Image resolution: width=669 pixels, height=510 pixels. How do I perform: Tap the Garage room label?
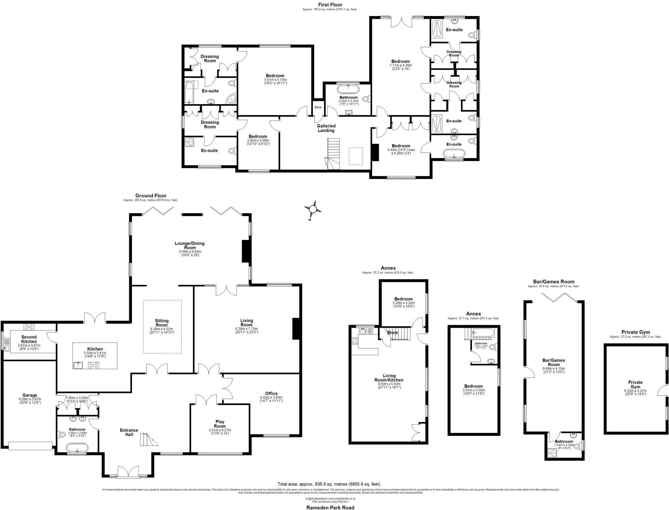(x=30, y=395)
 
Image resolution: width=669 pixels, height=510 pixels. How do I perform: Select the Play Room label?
(x=220, y=424)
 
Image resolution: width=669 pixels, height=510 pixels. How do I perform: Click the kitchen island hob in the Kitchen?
(x=94, y=366)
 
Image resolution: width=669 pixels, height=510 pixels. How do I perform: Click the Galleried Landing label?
(x=326, y=128)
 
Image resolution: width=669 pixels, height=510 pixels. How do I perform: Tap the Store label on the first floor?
(x=318, y=107)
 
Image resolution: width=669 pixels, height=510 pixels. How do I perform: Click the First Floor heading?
(x=330, y=5)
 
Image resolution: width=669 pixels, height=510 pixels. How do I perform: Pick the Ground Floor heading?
(x=151, y=196)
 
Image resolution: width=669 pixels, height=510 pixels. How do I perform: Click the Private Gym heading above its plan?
(x=635, y=332)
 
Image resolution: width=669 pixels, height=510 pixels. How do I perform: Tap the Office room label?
(x=271, y=393)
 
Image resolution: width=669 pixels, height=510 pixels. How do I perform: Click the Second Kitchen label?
(x=29, y=339)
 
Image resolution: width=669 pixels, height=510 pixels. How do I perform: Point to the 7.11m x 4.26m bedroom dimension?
(x=400, y=65)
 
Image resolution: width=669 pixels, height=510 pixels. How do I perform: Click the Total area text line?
(x=329, y=484)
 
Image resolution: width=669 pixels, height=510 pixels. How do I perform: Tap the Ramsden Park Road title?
(x=330, y=507)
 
